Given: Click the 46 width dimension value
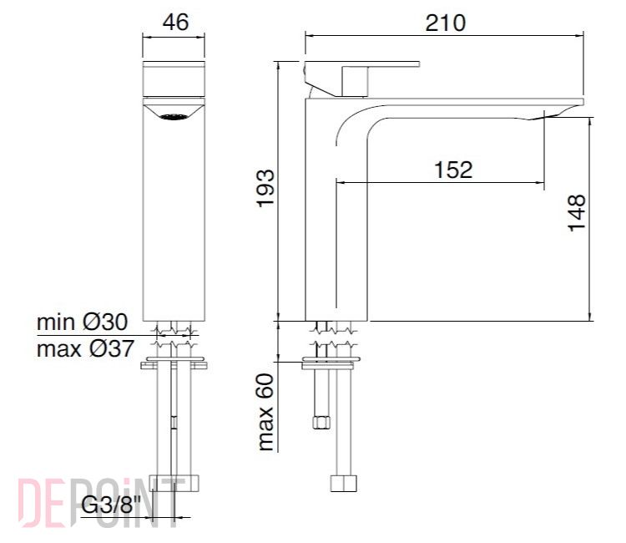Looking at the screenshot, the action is pos(175,22).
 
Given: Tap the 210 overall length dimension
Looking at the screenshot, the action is pos(445,23).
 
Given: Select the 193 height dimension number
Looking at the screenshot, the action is pos(266,188).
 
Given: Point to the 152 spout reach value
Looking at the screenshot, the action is pos(453,170).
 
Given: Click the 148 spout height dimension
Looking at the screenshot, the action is pos(577,212).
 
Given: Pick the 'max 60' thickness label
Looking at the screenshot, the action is pos(266,412).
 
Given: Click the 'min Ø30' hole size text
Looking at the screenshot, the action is pos(83,322).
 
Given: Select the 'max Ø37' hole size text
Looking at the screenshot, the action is pos(85,349).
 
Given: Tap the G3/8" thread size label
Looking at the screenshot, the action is pos(111,505).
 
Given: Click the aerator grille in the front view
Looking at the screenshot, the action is pos(174,117).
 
